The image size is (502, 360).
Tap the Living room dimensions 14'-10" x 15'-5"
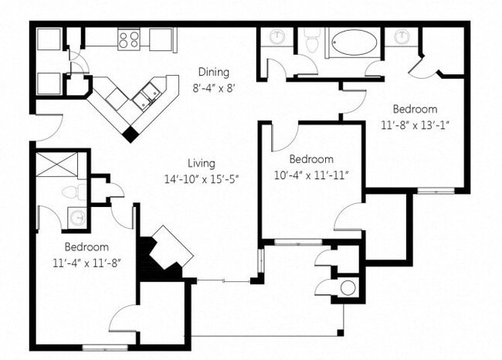click(x=201, y=178)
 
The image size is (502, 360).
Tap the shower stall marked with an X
click(x=59, y=165)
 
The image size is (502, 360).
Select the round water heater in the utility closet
click(x=348, y=288)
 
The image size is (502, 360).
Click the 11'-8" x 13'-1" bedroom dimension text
click(x=415, y=123)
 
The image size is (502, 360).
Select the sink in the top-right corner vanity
click(x=403, y=36)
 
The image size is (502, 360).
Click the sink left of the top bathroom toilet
click(x=276, y=36)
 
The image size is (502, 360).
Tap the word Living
click(x=201, y=164)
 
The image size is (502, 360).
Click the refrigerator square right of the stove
click(x=160, y=38)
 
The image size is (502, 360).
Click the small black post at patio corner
click(x=339, y=333)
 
